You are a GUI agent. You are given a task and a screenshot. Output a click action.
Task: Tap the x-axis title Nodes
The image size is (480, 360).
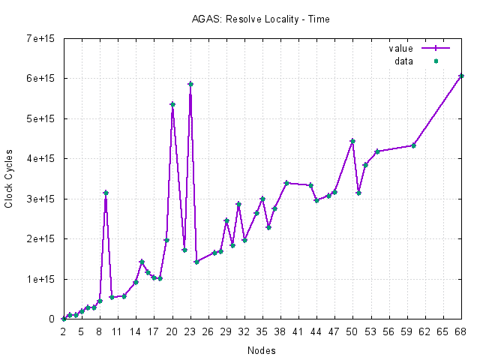260,350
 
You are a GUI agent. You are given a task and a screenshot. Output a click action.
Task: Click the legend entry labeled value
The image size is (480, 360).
400,48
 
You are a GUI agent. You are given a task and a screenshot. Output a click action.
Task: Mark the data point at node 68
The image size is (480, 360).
461,76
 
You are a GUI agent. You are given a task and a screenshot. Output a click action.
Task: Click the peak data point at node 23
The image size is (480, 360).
190,84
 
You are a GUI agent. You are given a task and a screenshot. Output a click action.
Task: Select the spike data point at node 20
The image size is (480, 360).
172,104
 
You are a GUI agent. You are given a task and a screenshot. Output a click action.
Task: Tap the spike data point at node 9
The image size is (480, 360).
106,193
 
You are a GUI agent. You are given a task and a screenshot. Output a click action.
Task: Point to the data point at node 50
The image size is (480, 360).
352,141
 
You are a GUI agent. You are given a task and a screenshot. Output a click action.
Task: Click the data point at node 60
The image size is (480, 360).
413,145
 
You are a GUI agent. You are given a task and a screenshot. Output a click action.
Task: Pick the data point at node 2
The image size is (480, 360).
63,319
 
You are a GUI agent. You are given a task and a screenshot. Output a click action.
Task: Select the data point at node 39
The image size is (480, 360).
286,183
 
